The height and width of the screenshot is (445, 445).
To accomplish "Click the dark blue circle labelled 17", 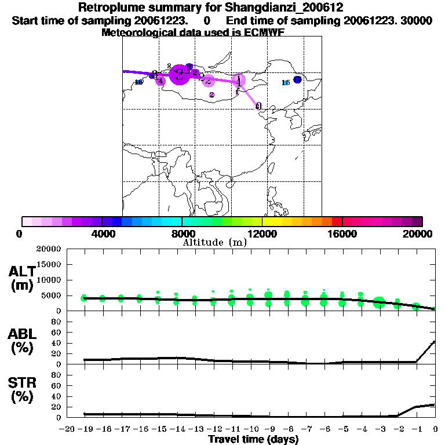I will pyautogui.click(x=297, y=79).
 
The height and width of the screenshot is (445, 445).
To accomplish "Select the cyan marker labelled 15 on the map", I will pyautogui.click(x=285, y=83).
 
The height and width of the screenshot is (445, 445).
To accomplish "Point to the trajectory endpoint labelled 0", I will pyautogui.click(x=258, y=106).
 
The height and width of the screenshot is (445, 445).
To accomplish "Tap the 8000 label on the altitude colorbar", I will pyautogui.click(x=181, y=234).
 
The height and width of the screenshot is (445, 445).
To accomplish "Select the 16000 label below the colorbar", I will pyautogui.click(x=342, y=234).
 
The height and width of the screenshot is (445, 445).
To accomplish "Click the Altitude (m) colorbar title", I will pyautogui.click(x=214, y=242).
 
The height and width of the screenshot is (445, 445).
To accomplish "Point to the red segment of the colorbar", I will pyautogui.click(x=337, y=221).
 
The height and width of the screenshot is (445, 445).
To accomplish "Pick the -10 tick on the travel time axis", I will pyautogui.click(x=250, y=429).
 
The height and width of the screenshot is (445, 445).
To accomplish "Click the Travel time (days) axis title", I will pyautogui.click(x=253, y=440).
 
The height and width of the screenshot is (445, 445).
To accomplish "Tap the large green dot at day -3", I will pyautogui.click(x=379, y=302).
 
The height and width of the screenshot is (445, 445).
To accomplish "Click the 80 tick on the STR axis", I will pyautogui.click(x=56, y=375).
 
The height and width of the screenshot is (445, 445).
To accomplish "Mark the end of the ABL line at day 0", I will pyautogui.click(x=435, y=342).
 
